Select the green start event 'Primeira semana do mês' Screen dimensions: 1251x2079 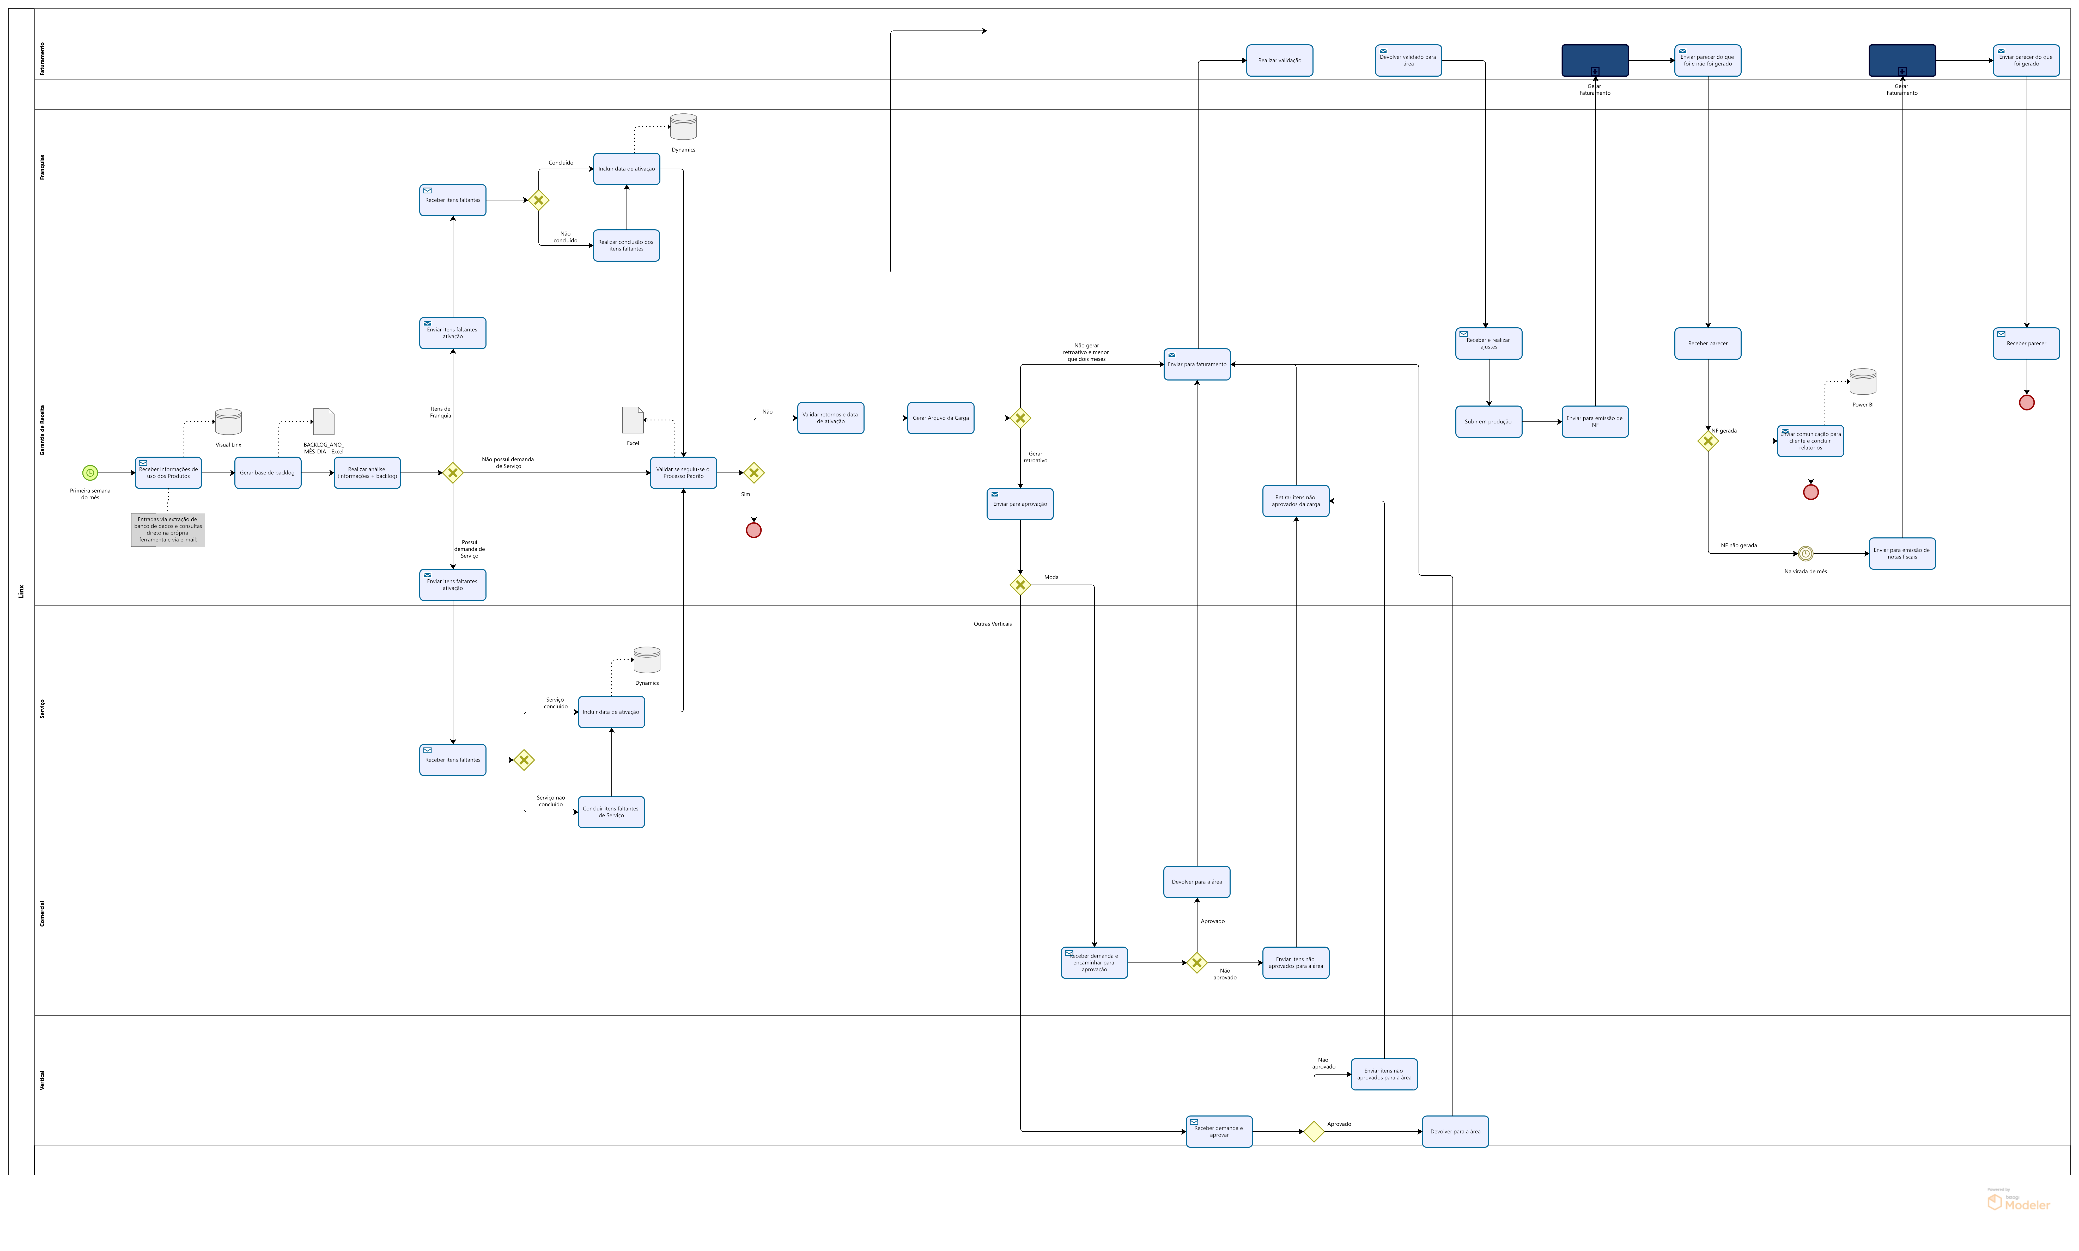(90, 473)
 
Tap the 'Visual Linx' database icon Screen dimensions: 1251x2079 (228, 421)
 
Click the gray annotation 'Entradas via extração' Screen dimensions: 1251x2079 (168, 529)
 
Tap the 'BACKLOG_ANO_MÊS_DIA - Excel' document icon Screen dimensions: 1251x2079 (324, 421)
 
